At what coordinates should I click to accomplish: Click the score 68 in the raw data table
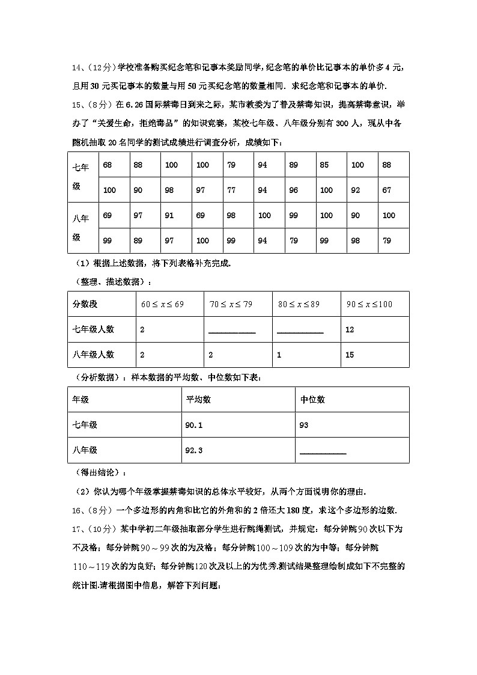108,165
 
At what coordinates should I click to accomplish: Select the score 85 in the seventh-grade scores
324,165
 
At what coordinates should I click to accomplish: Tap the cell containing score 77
231,191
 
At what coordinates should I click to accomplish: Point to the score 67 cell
386,191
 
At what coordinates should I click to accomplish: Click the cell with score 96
293,191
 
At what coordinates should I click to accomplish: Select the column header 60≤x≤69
162,304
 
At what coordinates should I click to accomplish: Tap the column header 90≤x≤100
369,304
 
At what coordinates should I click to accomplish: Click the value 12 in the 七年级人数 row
350,329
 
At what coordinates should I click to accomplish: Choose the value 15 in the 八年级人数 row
350,355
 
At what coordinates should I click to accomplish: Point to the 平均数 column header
198,400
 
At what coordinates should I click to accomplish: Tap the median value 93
303,425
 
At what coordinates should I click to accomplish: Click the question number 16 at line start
76,510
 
